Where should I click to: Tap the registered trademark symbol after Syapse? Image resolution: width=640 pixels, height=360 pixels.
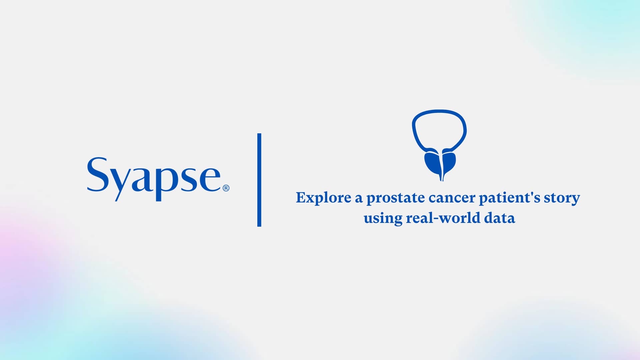(226, 188)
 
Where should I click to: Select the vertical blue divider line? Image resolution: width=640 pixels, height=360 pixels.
(259, 180)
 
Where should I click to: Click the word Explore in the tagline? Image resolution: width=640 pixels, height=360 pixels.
(323, 198)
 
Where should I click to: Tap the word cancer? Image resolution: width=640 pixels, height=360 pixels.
(452, 198)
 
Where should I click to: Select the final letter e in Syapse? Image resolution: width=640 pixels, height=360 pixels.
(210, 179)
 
